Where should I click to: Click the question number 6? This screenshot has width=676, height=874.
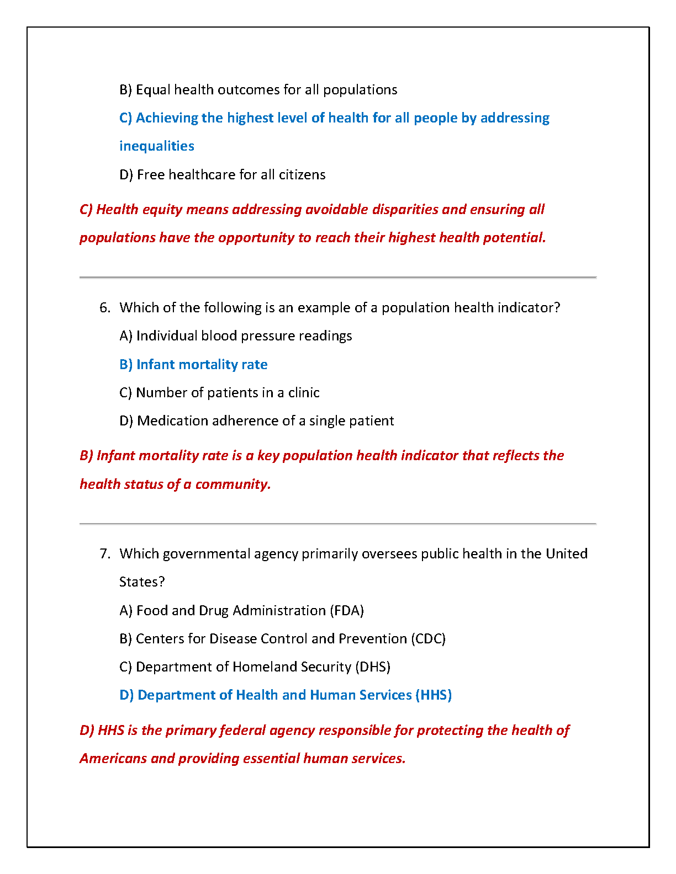104,308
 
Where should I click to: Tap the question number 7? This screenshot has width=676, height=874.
104,554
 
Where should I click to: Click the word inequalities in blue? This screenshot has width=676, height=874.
157,146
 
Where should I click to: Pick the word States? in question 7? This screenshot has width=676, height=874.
142,582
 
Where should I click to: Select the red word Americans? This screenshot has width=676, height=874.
113,759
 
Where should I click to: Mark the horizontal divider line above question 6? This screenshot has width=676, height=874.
338,277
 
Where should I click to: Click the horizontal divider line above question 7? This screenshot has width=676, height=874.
338,523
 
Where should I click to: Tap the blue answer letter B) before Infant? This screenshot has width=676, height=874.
126,365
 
